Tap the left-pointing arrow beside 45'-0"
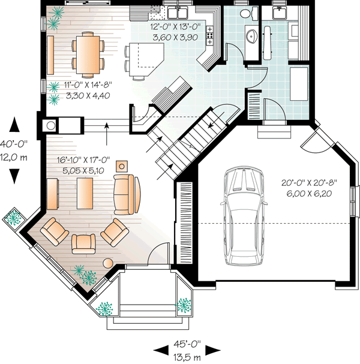160,350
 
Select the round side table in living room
109,263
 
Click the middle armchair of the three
83,243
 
